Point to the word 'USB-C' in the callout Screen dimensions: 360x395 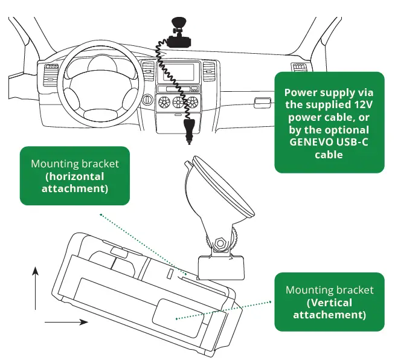[353, 142]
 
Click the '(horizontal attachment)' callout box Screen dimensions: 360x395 [75, 176]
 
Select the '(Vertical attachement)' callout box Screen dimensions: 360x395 [329, 302]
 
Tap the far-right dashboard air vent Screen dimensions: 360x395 [299, 66]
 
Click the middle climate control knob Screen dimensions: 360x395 [179, 101]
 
